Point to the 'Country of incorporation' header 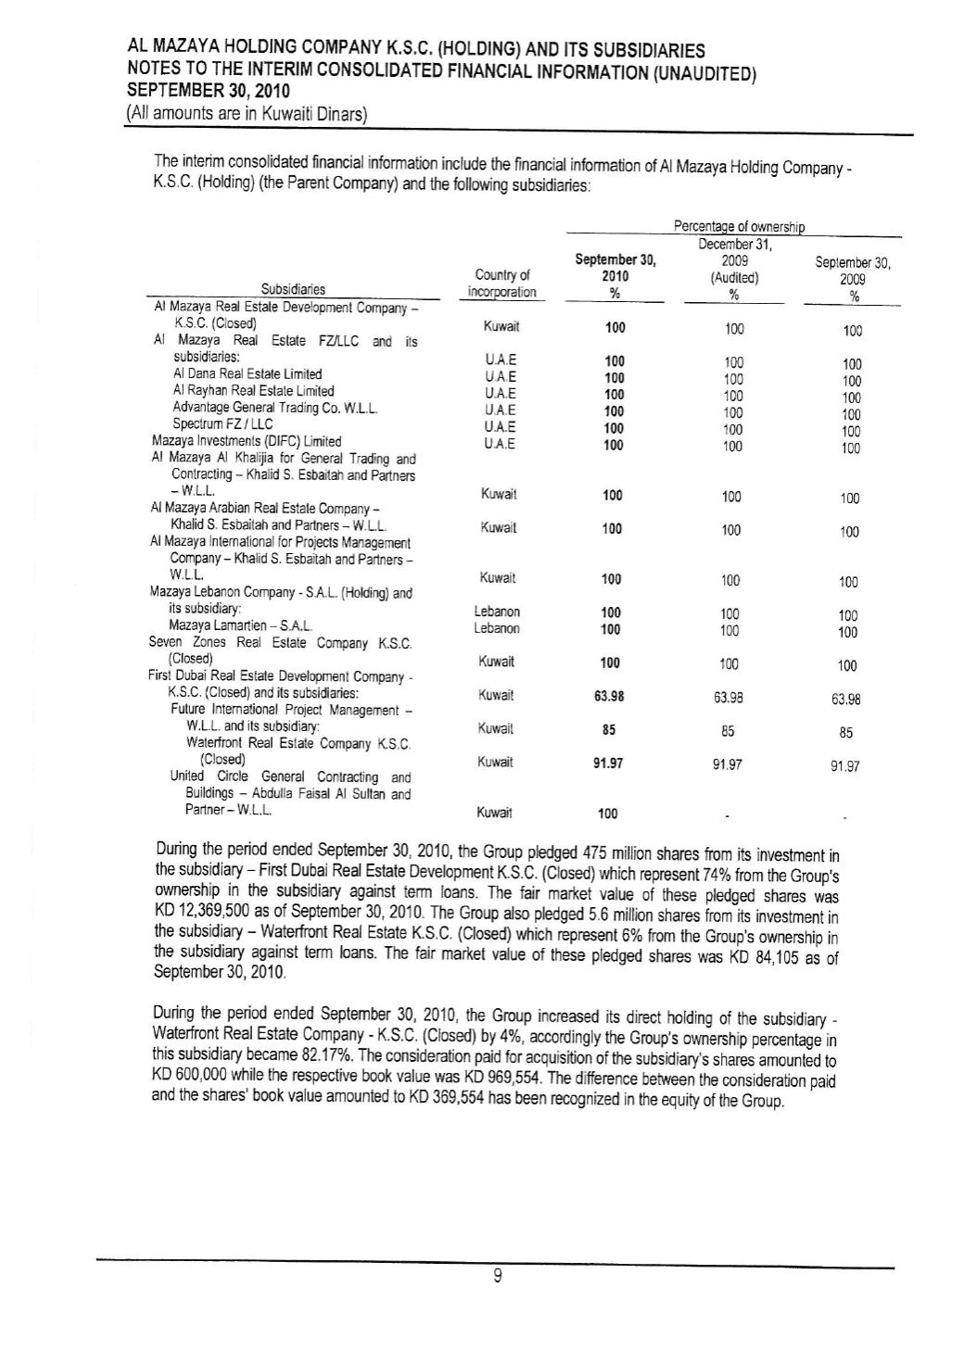pos(501,283)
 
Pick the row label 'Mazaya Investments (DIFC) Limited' pos(246,441)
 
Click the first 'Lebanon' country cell pos(497,612)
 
